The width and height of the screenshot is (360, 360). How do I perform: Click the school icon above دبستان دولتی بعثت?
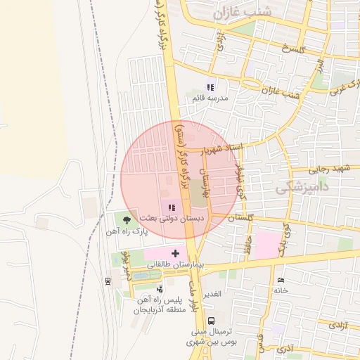173,207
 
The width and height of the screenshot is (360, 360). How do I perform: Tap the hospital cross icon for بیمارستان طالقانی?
175,252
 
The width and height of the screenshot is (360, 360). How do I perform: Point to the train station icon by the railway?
108,281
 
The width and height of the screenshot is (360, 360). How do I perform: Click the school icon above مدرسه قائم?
210,88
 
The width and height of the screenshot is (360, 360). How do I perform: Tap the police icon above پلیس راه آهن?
160,288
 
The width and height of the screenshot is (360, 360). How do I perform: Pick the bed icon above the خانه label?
281,280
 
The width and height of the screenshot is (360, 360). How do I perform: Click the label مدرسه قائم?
211,99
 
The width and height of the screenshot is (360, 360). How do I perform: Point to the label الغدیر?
212,293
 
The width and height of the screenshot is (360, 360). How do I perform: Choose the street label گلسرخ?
292,49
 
